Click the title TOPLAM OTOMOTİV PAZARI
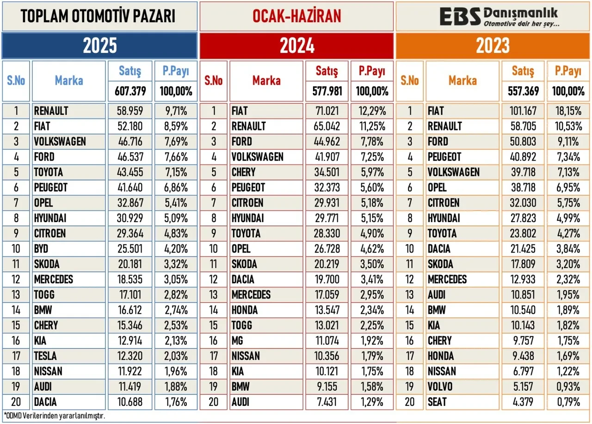click(x=98, y=17)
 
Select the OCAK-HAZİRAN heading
click(x=296, y=17)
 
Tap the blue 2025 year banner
click(x=100, y=46)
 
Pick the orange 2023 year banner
click(x=493, y=46)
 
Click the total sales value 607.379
click(x=130, y=91)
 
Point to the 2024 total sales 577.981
click(x=327, y=91)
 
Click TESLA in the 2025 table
click(x=45, y=356)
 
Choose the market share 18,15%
click(x=566, y=111)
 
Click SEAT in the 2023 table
click(x=438, y=402)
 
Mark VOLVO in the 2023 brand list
click(x=440, y=387)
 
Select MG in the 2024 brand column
click(x=237, y=341)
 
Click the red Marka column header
click(x=266, y=81)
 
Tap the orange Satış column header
click(x=523, y=71)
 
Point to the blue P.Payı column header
click(x=176, y=71)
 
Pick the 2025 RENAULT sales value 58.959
click(x=130, y=111)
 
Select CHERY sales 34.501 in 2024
click(x=327, y=172)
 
